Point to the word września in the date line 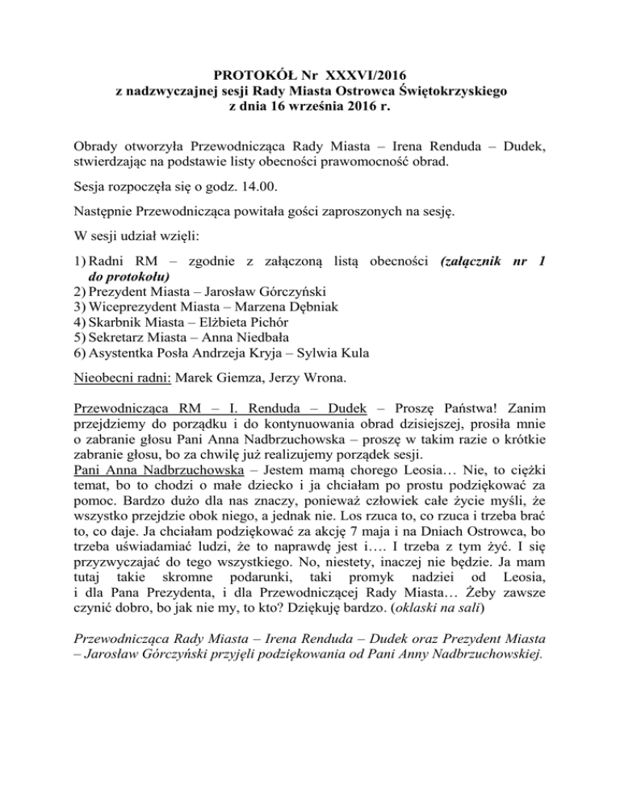coord(304,109)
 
